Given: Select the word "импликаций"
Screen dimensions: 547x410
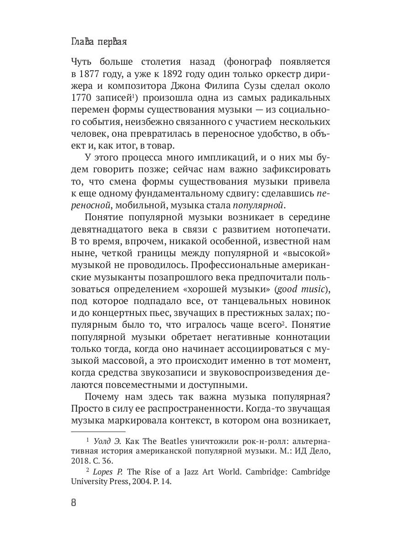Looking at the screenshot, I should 219,158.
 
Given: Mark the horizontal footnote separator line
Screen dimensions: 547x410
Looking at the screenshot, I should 98,431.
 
